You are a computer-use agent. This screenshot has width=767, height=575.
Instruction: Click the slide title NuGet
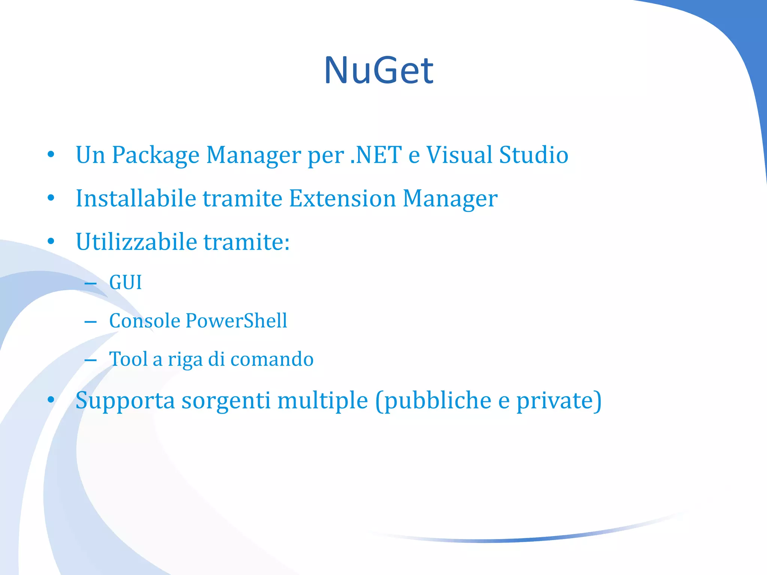pyautogui.click(x=379, y=70)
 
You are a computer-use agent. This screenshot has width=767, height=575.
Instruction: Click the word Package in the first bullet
pyautogui.click(x=155, y=155)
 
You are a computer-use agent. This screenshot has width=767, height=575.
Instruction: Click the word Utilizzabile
pyautogui.click(x=136, y=241)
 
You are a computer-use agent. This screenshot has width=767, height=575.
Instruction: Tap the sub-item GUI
pyautogui.click(x=125, y=282)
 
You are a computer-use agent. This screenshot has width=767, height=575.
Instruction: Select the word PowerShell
pyautogui.click(x=236, y=321)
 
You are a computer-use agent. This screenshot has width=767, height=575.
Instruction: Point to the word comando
pyautogui.click(x=272, y=359)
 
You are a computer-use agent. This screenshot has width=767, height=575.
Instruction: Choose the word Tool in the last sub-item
pyautogui.click(x=128, y=359)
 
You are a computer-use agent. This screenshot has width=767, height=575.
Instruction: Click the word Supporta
pyautogui.click(x=125, y=401)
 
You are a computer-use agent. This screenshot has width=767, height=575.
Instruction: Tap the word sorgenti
pyautogui.click(x=226, y=401)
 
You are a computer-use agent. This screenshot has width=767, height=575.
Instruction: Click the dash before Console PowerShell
pyautogui.click(x=91, y=322)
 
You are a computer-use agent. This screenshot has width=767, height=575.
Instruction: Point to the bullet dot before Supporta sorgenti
pyautogui.click(x=51, y=400)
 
